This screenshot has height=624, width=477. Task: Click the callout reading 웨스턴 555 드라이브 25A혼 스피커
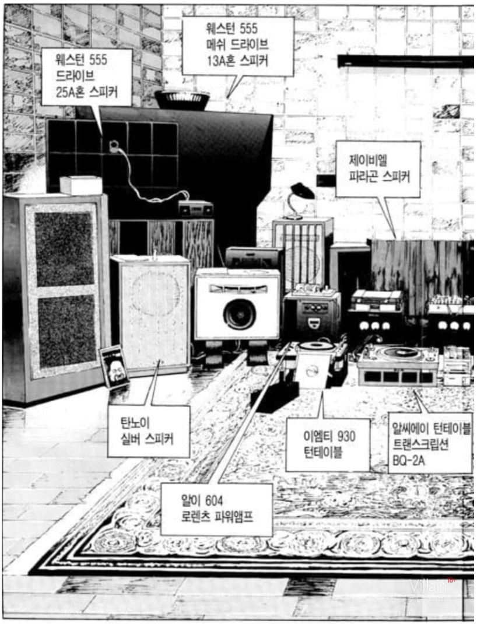pyautogui.click(x=86, y=76)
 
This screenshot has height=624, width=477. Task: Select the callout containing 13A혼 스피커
pyautogui.click(x=237, y=45)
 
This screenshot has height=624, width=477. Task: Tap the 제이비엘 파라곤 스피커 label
pyautogui.click(x=377, y=169)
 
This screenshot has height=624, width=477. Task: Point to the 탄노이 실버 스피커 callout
pyautogui.click(x=148, y=431)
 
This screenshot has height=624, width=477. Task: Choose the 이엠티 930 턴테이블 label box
pyautogui.click(x=327, y=444)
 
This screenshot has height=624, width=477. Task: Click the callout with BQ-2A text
pyautogui.click(x=430, y=442)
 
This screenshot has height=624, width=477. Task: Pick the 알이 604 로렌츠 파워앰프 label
pyautogui.click(x=216, y=509)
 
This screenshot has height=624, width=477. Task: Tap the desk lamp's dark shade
pyautogui.click(x=303, y=191)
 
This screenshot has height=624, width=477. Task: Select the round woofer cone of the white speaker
pyautogui.click(x=239, y=314)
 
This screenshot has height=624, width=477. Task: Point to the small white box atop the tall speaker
pyautogui.click(x=80, y=185)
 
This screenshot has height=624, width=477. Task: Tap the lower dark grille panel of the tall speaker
pyautogui.click(x=66, y=330)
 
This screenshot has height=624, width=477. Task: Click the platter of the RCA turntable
pyautogui.click(x=399, y=352)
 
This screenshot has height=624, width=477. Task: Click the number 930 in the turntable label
pyautogui.click(x=342, y=437)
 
